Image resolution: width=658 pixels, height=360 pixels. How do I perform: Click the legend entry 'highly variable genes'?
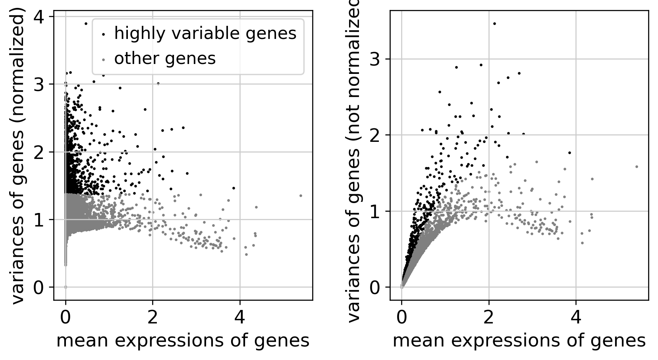(205, 33)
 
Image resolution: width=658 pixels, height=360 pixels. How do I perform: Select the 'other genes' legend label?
(165, 58)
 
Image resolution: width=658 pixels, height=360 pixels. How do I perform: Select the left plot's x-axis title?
(183, 341)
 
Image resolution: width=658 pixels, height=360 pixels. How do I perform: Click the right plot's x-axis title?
(519, 341)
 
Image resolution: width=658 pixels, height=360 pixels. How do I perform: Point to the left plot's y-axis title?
(18, 155)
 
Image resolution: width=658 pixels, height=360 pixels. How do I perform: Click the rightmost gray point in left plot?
(301, 195)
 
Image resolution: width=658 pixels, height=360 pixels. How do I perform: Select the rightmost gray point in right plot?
(637, 166)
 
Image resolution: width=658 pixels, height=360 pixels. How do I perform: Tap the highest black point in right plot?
(494, 23)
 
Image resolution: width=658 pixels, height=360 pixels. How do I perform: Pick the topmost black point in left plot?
(85, 23)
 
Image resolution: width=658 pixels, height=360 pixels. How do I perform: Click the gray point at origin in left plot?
(66, 287)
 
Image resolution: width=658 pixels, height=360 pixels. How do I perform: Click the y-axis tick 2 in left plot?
(40, 152)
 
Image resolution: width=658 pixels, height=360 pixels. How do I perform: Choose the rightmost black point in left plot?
(233, 188)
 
